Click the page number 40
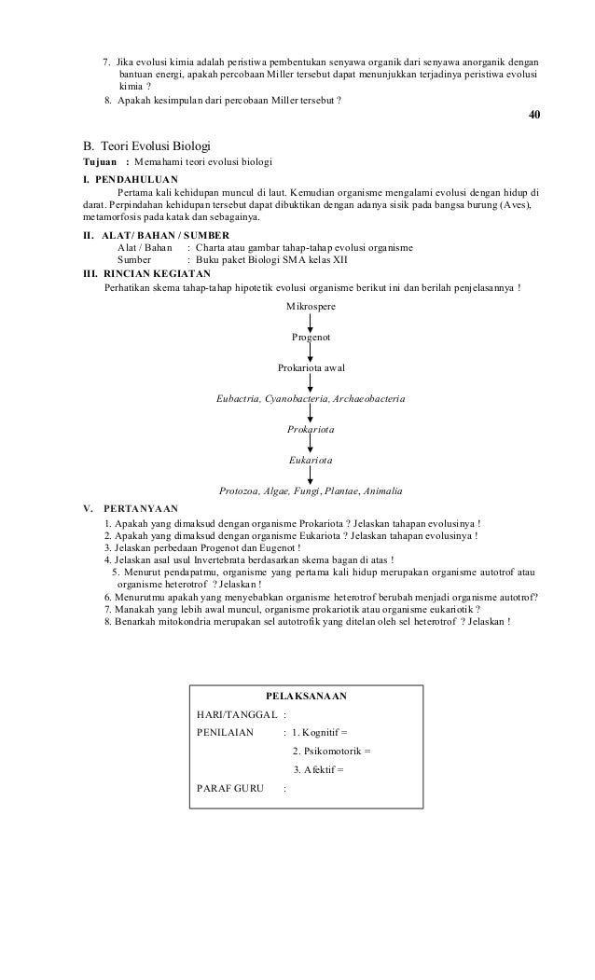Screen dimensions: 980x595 pyautogui.click(x=533, y=115)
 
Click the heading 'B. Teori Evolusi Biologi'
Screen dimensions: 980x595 pyautogui.click(x=147, y=146)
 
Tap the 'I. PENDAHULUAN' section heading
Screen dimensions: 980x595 pyautogui.click(x=131, y=179)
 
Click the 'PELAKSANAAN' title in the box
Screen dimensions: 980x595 pyautogui.click(x=306, y=696)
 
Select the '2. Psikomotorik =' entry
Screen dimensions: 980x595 pyautogui.click(x=331, y=752)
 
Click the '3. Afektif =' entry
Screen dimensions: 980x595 pyautogui.click(x=318, y=770)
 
